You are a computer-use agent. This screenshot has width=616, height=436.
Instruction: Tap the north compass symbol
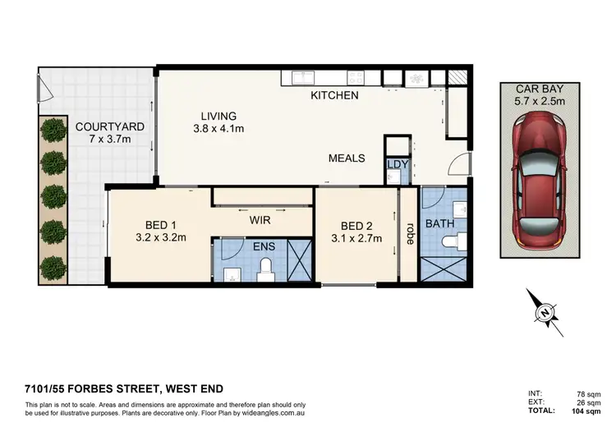[x=545, y=312]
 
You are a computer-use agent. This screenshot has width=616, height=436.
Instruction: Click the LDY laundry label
[x=397, y=165]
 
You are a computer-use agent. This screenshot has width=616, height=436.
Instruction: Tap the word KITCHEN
[x=334, y=96]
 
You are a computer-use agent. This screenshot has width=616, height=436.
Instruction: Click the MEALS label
[x=347, y=158]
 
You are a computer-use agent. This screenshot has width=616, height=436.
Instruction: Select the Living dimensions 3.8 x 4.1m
[x=218, y=129]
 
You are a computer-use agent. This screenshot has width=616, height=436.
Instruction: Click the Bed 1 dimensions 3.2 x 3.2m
[x=162, y=238]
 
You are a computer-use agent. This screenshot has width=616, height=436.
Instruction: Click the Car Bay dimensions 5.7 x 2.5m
[x=537, y=103]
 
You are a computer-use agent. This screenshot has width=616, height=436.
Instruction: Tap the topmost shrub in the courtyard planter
[x=53, y=129]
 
